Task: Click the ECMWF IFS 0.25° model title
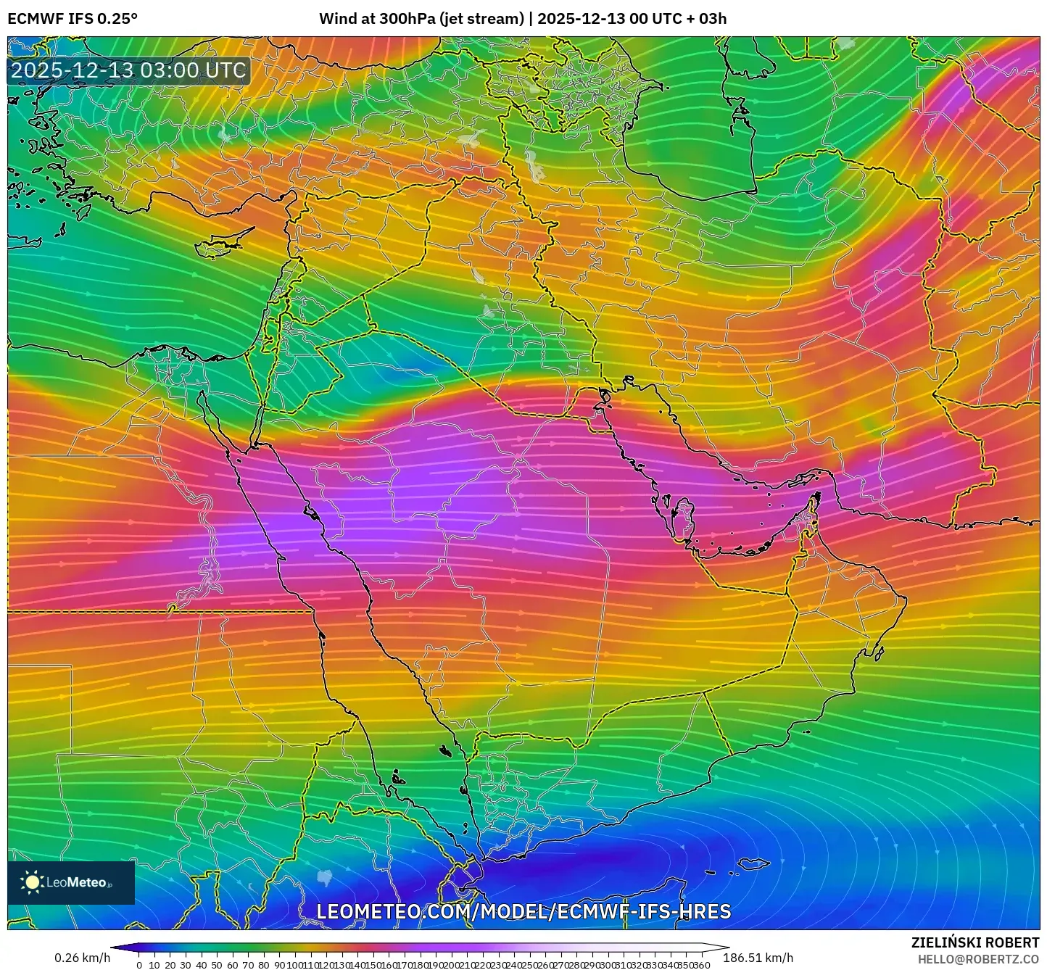coord(72,19)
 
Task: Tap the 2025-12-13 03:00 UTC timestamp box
coord(128,70)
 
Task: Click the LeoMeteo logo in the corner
coord(71,882)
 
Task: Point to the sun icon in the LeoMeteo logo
coord(33,882)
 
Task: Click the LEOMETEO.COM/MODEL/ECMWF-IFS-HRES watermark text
coord(523,911)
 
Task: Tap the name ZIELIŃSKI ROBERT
coord(975,942)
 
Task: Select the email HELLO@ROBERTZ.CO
coord(978,958)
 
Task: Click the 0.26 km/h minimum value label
coord(82,958)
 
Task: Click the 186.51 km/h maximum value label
coord(758,958)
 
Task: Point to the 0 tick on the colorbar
coord(139,965)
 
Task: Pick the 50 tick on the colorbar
coord(217,965)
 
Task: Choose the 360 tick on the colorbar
coord(701,965)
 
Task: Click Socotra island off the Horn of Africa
coord(755,863)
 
